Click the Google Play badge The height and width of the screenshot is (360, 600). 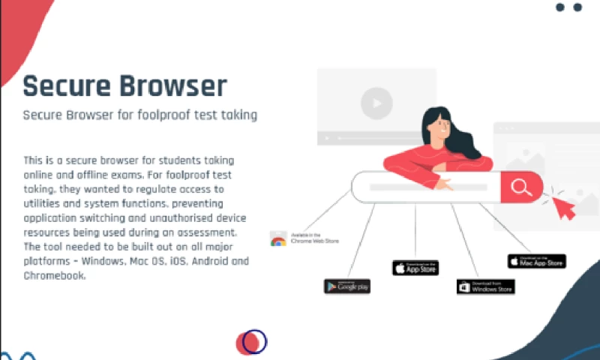pos(347,286)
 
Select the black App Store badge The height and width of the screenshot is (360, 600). pos(415,268)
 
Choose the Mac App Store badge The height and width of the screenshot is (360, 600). pos(537,261)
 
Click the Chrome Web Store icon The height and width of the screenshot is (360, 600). pos(278,239)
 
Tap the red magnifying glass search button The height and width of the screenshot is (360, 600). pos(521,187)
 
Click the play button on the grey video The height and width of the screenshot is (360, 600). pos(376,102)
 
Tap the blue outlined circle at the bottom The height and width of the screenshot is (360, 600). pos(255,341)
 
